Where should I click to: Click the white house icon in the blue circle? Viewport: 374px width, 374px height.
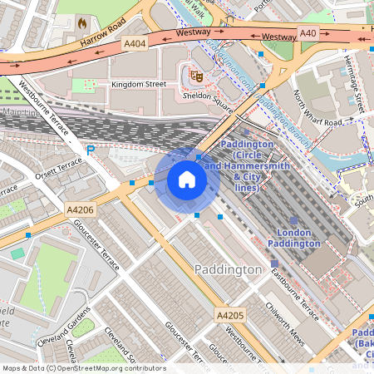187,180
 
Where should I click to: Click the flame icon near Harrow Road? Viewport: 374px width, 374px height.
81,23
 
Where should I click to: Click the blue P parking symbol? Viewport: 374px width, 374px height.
91,150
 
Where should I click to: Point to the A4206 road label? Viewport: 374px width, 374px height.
81,211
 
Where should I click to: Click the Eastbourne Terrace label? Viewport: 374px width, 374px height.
284,293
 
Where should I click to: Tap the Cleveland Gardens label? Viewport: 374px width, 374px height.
62,328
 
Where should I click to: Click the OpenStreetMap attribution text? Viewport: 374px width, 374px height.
83,367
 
